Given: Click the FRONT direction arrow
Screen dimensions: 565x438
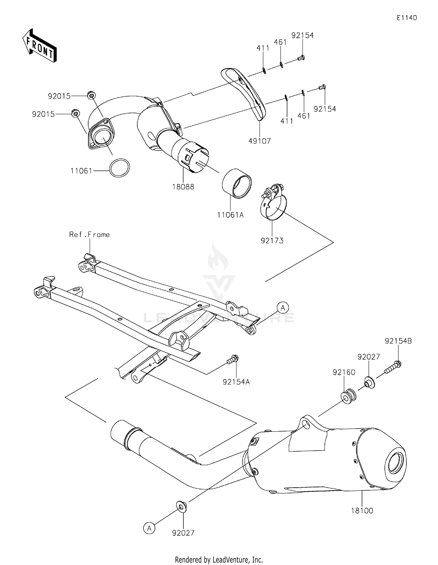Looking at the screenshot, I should click(x=39, y=46).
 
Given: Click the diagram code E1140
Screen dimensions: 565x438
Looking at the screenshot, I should click(x=406, y=18).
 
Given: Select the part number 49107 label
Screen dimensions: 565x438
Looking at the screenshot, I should click(x=260, y=141).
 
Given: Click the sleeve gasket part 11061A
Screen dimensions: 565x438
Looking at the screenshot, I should click(x=237, y=183).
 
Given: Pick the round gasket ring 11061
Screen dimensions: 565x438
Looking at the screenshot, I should click(x=120, y=168).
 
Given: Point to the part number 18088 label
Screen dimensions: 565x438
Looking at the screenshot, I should click(x=183, y=187).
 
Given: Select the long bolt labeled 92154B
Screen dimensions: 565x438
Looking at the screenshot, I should click(x=393, y=367).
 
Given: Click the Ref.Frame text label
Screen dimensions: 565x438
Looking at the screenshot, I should click(x=89, y=235).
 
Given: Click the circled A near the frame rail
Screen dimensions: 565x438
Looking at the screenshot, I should click(x=283, y=308).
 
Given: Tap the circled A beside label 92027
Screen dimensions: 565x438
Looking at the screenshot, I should click(x=149, y=528).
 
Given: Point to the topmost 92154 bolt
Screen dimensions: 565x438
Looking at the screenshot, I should click(x=301, y=58).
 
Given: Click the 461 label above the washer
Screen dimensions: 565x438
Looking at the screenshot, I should click(x=280, y=42).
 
